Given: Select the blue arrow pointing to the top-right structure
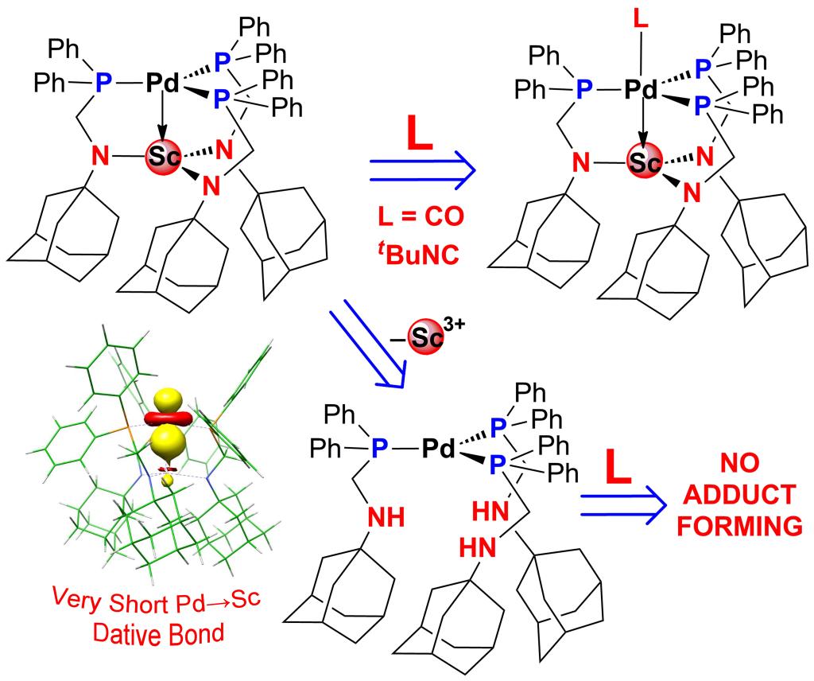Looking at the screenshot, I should (x=421, y=169).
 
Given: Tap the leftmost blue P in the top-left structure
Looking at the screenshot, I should (x=102, y=82).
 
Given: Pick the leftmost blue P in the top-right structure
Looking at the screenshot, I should (x=583, y=90).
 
